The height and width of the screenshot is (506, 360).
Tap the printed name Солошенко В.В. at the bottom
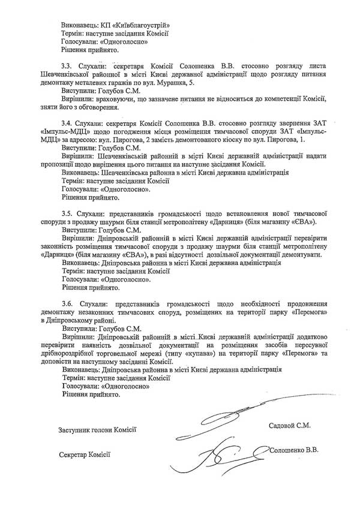pos(293,449)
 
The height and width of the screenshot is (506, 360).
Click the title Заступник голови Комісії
pos(98,429)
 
